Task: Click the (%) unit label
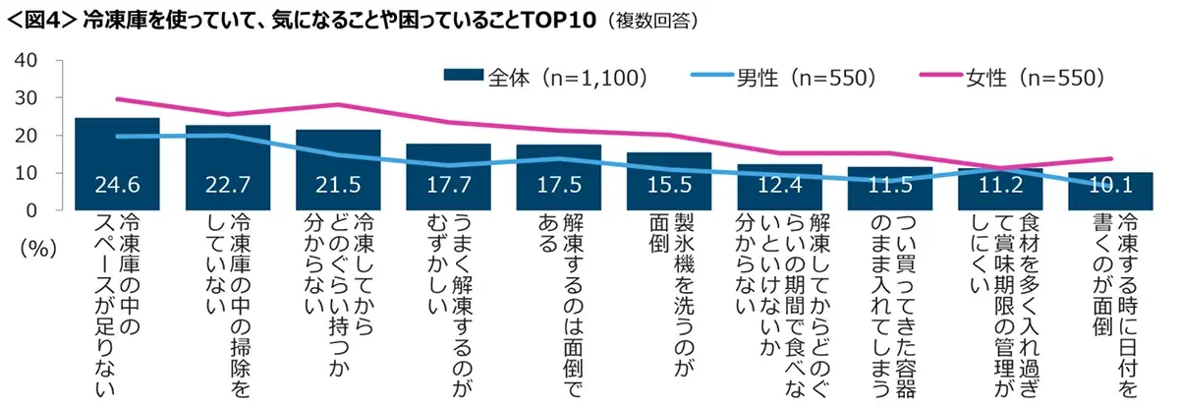(35, 249)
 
